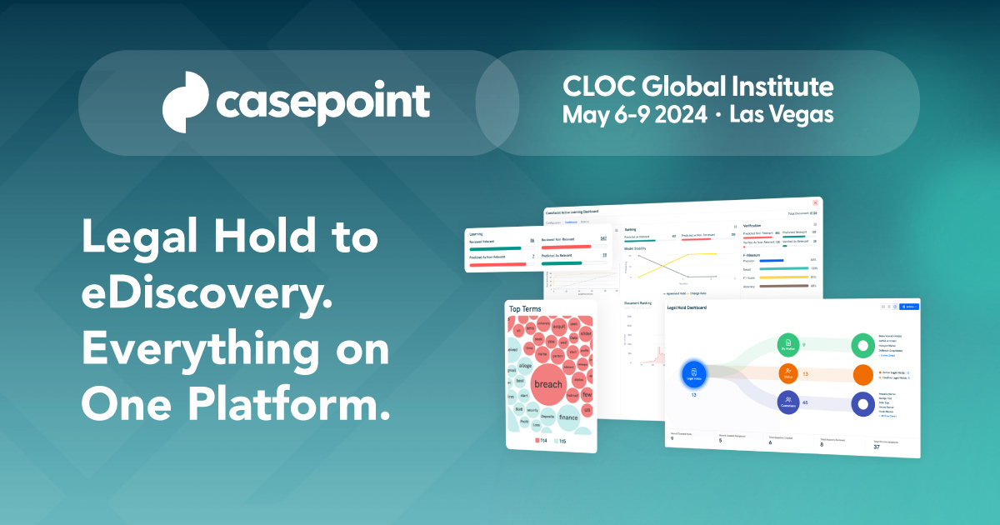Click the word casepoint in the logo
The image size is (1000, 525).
323,103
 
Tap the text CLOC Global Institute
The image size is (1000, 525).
697,86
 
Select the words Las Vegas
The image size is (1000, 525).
781,115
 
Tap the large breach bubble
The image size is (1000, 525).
547,384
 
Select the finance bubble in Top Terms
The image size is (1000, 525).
567,417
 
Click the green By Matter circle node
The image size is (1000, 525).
788,344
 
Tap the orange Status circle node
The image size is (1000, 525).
788,374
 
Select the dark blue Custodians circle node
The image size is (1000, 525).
788,402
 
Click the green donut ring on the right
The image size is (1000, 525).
862,346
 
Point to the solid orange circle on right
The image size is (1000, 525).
862,375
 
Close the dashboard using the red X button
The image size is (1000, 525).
815,202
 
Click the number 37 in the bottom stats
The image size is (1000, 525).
876,447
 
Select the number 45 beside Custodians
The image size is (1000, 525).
804,402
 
